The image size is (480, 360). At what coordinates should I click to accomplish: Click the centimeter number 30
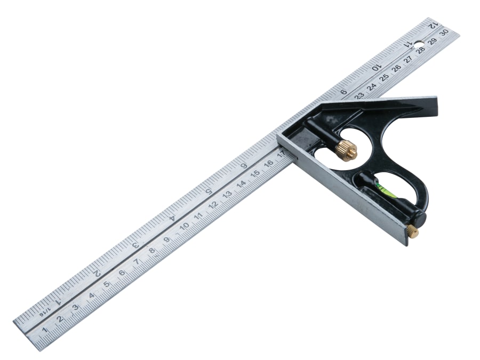coord(443,33)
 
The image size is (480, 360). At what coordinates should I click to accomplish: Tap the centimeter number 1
coord(45,330)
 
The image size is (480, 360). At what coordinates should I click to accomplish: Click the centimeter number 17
coord(281,155)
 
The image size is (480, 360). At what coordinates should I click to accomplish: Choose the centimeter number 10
coord(183,226)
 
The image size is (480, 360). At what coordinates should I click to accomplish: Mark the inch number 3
coord(135,245)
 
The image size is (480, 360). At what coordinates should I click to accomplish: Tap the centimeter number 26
coord(396,68)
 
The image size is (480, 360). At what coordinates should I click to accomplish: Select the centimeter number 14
coord(241,185)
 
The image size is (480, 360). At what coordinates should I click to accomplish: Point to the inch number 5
coord(209,191)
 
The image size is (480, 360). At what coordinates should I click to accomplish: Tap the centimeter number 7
coord(137,262)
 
